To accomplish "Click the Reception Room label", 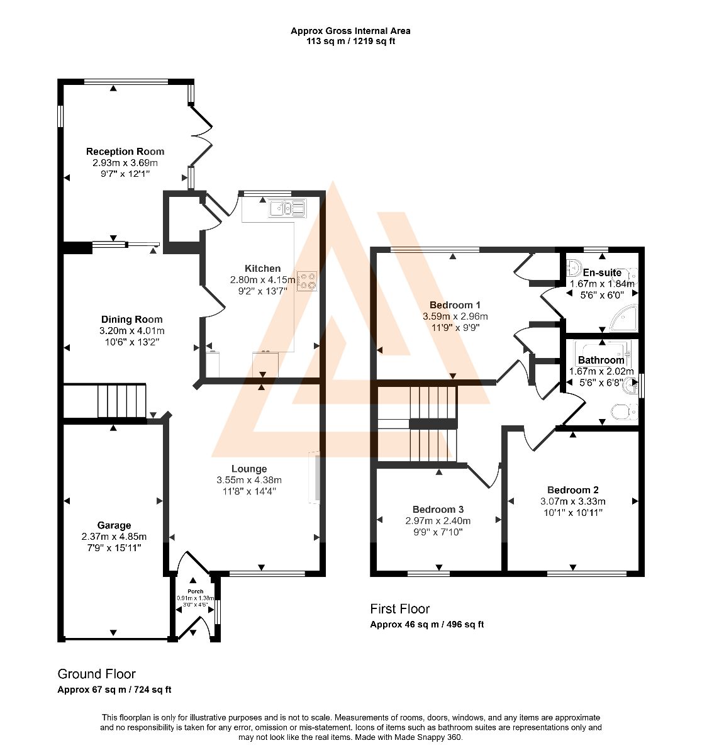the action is point(125,152).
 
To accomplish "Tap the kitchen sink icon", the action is point(287,208).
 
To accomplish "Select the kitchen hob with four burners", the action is point(307,281).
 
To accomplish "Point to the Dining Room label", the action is point(131,320).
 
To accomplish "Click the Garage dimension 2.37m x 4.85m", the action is point(114,537).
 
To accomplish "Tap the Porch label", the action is point(196,591).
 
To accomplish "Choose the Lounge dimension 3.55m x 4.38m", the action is point(249,480).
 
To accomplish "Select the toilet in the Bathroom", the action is point(624,412).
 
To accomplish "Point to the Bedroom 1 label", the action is point(455,305).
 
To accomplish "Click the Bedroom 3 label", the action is point(438,510).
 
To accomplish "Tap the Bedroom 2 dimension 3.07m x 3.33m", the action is point(573,501).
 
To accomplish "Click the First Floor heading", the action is point(400,608).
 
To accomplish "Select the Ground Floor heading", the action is point(96,674).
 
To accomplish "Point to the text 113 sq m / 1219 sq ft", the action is point(350,41).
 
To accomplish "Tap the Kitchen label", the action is point(263,269).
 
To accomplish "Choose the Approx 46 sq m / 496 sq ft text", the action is point(427,624).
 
